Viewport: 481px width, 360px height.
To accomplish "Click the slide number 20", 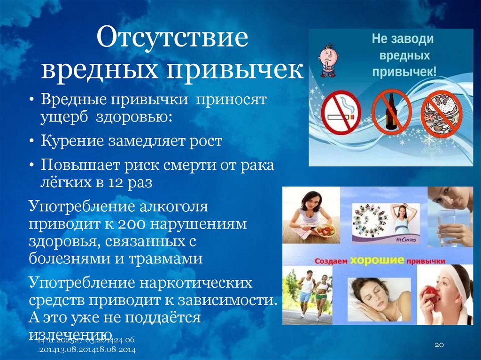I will pos(439,345).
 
